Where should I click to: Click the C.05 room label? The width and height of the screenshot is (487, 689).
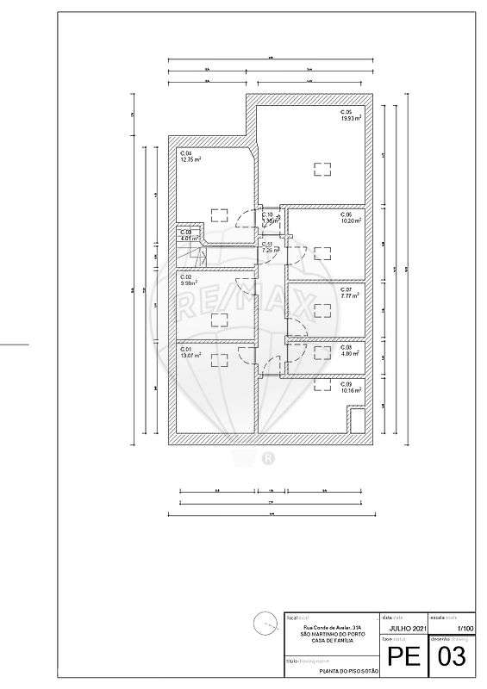coord(346,112)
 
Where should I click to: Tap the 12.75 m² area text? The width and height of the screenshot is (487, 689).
coord(190,159)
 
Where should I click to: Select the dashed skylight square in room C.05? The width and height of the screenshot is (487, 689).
coord(323,170)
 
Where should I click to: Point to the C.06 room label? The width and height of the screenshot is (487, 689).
coord(346,214)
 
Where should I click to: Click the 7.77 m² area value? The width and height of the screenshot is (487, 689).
coord(350,295)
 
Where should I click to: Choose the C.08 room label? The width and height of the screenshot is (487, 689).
coord(346,347)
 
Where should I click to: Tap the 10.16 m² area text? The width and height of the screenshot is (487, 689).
coord(351,390)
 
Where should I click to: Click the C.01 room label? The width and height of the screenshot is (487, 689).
coord(185,349)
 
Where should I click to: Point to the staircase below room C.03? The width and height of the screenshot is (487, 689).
coord(195,253)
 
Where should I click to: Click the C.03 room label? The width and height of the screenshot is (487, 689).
coord(185,232)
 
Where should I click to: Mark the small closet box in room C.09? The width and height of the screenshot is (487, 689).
coord(356,423)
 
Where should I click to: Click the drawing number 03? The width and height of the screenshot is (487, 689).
coord(453,657)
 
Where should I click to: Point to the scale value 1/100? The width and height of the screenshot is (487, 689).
coord(465,630)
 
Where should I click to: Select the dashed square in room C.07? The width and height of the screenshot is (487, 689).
coord(323,308)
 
